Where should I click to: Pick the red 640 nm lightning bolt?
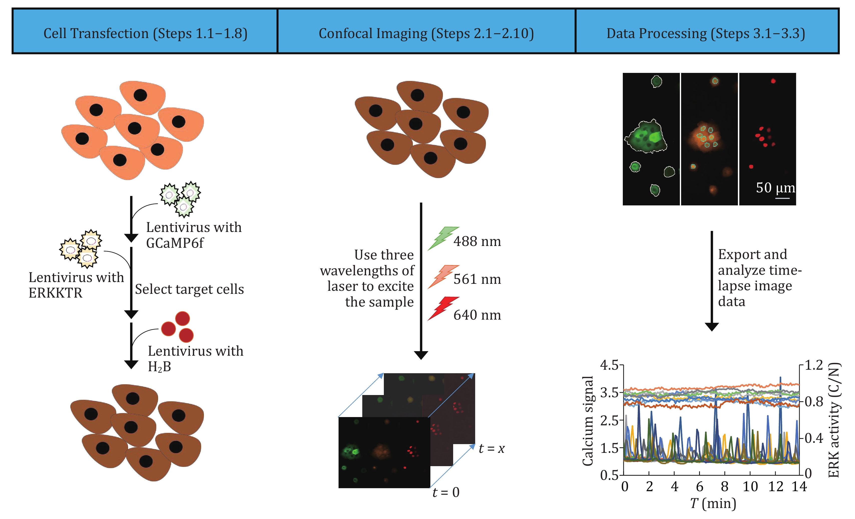click(442, 308)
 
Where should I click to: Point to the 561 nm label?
click(477, 279)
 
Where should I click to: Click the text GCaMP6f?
click(175, 243)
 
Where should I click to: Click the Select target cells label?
click(189, 289)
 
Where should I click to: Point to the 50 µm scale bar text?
click(775, 188)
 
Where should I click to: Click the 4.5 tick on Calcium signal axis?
click(609, 365)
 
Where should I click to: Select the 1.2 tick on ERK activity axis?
click(814, 365)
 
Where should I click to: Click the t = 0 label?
click(446, 492)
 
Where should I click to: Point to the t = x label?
click(491, 448)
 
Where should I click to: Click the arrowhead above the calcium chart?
click(712, 327)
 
